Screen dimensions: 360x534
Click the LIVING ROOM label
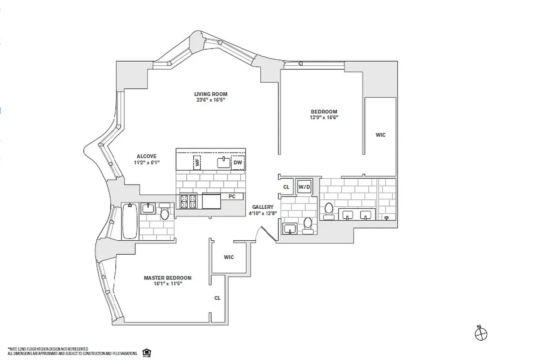[x=211, y=94]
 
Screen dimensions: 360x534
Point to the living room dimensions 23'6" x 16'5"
[x=211, y=100]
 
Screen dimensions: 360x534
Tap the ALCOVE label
[x=144, y=157]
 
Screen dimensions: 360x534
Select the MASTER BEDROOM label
[x=167, y=278]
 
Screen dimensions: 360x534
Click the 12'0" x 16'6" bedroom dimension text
[x=324, y=117]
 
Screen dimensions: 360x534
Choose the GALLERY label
[x=263, y=207]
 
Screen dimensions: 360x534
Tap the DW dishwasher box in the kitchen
[x=238, y=163]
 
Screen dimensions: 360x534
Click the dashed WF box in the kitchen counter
[x=197, y=162]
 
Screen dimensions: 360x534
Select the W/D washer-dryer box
[x=304, y=186]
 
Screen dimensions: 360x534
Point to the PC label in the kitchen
[x=232, y=197]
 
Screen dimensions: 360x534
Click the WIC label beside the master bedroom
[x=229, y=257]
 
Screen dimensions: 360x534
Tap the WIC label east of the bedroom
[x=380, y=135]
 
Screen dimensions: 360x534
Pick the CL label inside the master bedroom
[x=217, y=298]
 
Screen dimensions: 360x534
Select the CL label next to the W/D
[x=286, y=187]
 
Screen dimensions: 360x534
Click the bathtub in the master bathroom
[x=129, y=221]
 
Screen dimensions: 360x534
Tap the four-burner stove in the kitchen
[x=188, y=201]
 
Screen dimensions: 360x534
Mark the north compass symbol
[x=481, y=333]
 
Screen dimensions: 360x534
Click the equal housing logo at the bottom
[x=146, y=351]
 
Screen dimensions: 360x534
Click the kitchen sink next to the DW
[x=223, y=162]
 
